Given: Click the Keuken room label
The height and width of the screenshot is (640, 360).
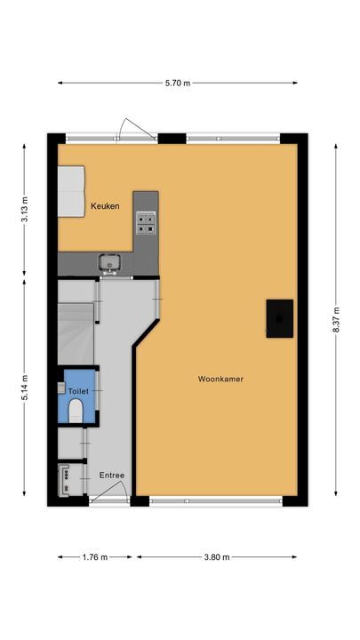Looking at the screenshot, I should pos(105,207).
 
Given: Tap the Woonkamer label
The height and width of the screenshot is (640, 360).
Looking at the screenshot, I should pos(220,379).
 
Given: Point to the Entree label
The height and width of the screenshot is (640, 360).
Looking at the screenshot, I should pos(111,475).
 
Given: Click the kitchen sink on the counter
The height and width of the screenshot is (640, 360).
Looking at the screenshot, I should pos(111,262).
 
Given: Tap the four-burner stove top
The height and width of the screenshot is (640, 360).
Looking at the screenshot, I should pos(146,222).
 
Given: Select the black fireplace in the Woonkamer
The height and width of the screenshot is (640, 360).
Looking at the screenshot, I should pos(279,317).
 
